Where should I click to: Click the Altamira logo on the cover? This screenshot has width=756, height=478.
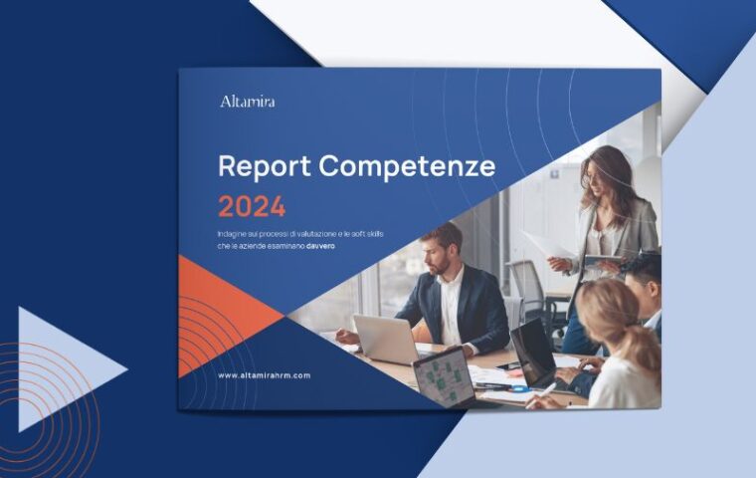click(247, 101)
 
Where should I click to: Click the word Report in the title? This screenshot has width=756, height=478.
click(261, 165)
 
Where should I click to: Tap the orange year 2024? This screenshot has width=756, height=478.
click(252, 206)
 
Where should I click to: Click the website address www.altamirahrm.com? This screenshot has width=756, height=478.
click(265, 375)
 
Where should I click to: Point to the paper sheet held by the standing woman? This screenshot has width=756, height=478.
click(547, 245)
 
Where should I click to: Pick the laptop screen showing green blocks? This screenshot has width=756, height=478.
click(442, 376)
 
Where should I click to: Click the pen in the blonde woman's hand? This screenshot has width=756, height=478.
click(547, 389)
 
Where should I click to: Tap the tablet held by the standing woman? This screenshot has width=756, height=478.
click(603, 262)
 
